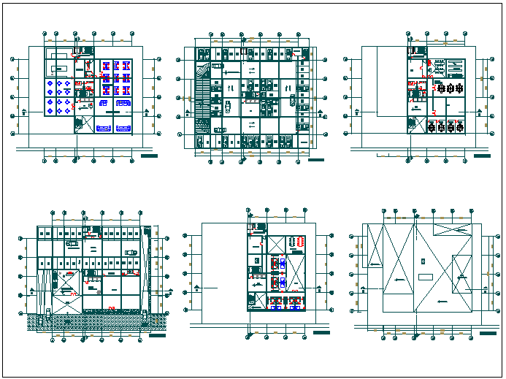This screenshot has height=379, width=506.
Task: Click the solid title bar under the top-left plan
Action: [149, 156]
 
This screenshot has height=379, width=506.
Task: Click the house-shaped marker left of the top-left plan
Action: [26, 112]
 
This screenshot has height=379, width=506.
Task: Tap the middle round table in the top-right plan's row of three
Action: [450, 88]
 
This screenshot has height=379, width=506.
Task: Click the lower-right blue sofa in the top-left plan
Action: [123, 128]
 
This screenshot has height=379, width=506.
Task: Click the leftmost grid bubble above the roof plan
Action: [383, 209]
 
